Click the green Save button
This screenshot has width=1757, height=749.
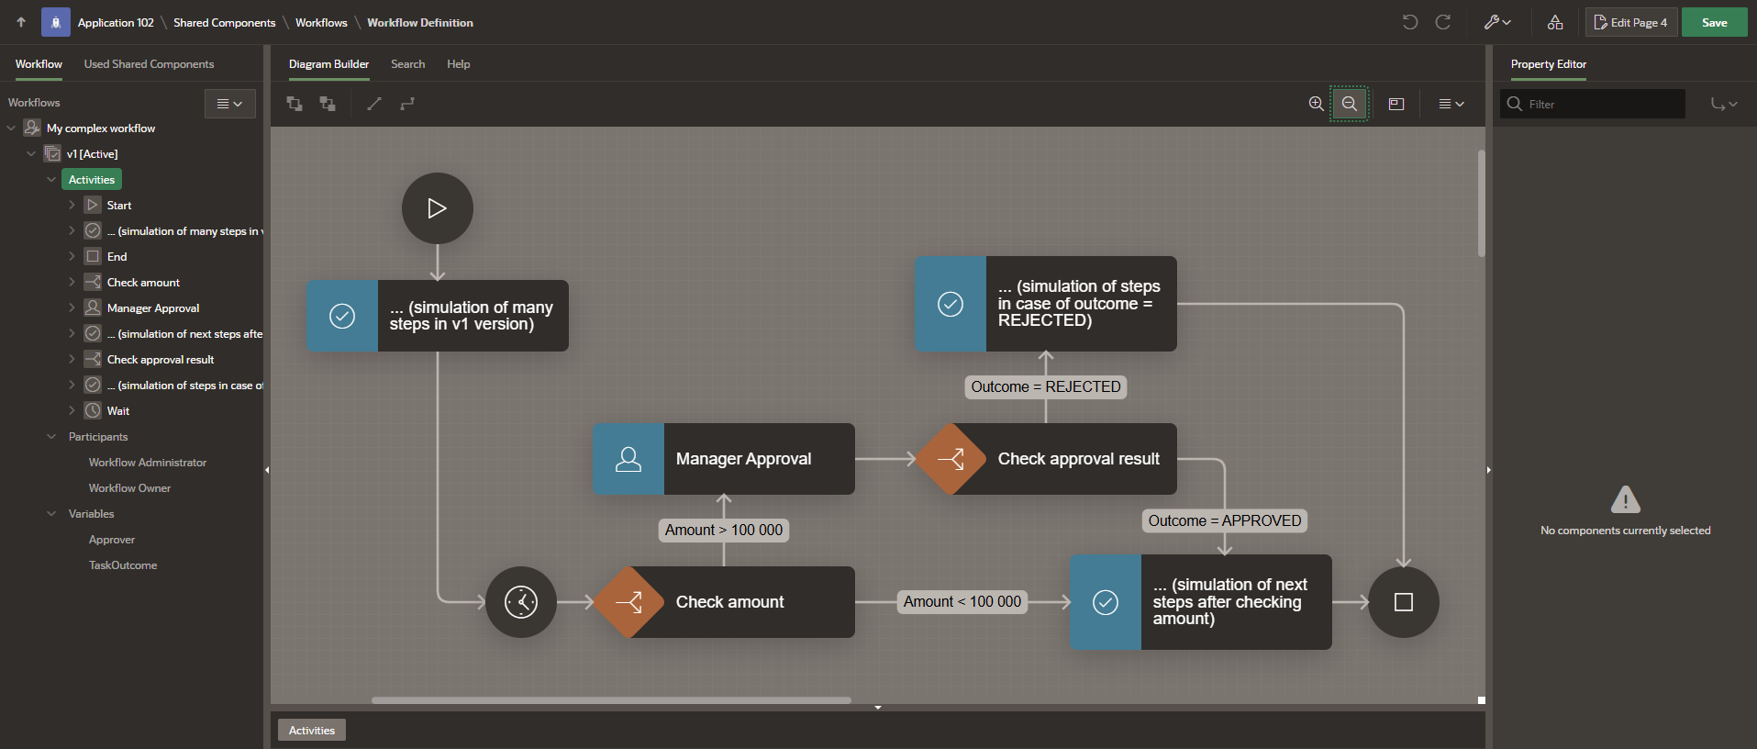tap(1714, 23)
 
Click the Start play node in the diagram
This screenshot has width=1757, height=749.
tap(437, 208)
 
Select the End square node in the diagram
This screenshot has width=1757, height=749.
tap(1403, 602)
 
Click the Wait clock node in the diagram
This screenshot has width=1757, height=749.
tap(521, 602)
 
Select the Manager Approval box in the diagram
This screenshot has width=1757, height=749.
tap(724, 459)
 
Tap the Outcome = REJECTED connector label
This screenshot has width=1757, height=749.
tap(1045, 387)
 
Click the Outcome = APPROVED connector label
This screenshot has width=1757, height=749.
tap(1224, 521)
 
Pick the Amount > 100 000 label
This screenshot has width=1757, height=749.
tap(724, 531)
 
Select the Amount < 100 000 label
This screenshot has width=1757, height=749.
tap(962, 602)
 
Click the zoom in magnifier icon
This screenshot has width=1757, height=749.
tap(1316, 104)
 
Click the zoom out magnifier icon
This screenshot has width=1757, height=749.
tap(1349, 104)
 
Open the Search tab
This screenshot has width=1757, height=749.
tap(407, 64)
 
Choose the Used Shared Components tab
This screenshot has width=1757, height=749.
tap(149, 64)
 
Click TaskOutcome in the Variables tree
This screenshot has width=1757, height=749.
tap(123, 565)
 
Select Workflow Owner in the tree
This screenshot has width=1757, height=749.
tap(129, 488)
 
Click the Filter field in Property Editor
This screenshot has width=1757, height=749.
tap(1603, 105)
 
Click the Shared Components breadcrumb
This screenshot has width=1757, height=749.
tap(224, 23)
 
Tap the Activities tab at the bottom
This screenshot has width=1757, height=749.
tap(312, 731)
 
